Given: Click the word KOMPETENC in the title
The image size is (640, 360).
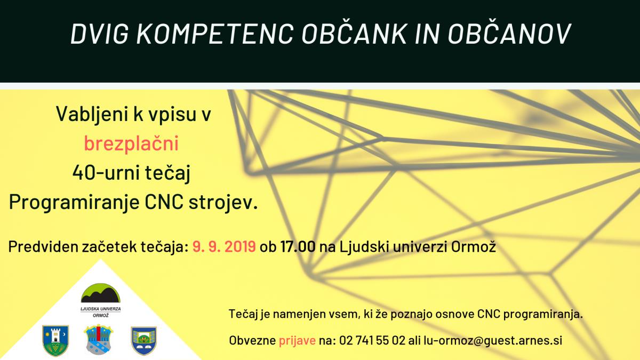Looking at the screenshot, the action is tap(215, 34).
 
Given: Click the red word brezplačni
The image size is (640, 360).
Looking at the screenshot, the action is tap(131, 143).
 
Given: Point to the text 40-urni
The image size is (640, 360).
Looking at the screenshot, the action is tap(106, 173).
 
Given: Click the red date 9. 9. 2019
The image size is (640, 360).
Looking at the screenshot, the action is tap(224, 246).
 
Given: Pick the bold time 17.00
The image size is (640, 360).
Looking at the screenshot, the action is tap(298, 246).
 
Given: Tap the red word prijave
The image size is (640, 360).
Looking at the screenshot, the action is tap(297, 341).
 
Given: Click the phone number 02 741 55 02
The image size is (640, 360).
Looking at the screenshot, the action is tap(372, 340).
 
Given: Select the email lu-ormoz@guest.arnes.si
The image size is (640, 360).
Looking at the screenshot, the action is tap(493, 341).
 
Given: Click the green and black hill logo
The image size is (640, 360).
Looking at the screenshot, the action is tap(101, 293).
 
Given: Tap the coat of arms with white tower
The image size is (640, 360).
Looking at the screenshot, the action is tap(55, 341).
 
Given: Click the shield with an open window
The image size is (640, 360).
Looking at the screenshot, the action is tap(143, 341).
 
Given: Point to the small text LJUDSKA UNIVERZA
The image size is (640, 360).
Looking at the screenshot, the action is tap(101, 309).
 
